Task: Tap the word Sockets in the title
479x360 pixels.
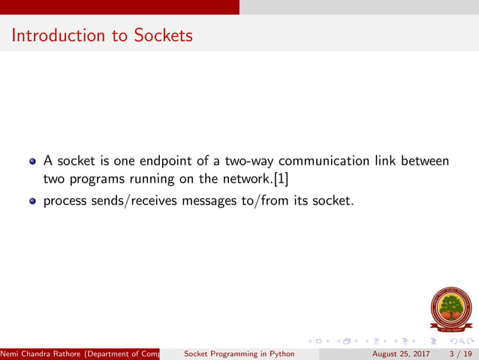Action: click(x=161, y=35)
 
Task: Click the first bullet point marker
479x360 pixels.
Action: click(x=32, y=161)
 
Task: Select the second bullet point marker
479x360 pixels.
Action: click(x=32, y=201)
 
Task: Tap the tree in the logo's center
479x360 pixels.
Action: click(x=450, y=307)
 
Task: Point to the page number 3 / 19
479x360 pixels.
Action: click(x=459, y=353)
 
